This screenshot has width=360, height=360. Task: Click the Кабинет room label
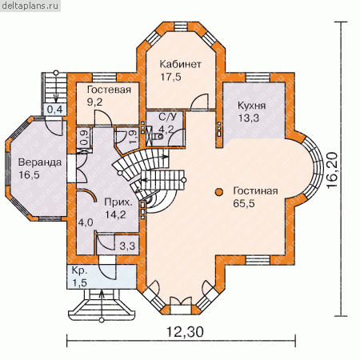point(180,64)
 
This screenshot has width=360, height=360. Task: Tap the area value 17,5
point(170,77)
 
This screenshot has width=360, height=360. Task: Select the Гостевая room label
point(109,90)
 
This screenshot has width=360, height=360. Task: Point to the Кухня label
point(251,106)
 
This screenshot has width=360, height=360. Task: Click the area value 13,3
point(249,118)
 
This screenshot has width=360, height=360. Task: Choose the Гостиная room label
point(255,191)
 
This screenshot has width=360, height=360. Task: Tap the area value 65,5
point(244,203)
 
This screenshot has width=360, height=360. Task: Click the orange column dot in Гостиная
point(219,192)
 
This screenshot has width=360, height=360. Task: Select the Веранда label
point(40,162)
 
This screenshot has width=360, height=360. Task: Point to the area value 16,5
point(29,175)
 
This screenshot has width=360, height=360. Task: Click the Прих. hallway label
point(118,202)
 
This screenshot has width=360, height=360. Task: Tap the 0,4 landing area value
point(55,109)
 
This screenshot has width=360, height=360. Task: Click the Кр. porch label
point(79,270)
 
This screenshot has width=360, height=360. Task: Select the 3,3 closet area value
point(127,246)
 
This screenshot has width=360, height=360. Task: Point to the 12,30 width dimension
point(185,332)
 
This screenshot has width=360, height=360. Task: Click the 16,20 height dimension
point(332,170)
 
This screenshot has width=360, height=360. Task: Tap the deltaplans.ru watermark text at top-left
point(30,6)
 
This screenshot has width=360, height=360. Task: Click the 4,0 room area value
point(86,222)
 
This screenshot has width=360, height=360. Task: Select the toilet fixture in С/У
point(158,136)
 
